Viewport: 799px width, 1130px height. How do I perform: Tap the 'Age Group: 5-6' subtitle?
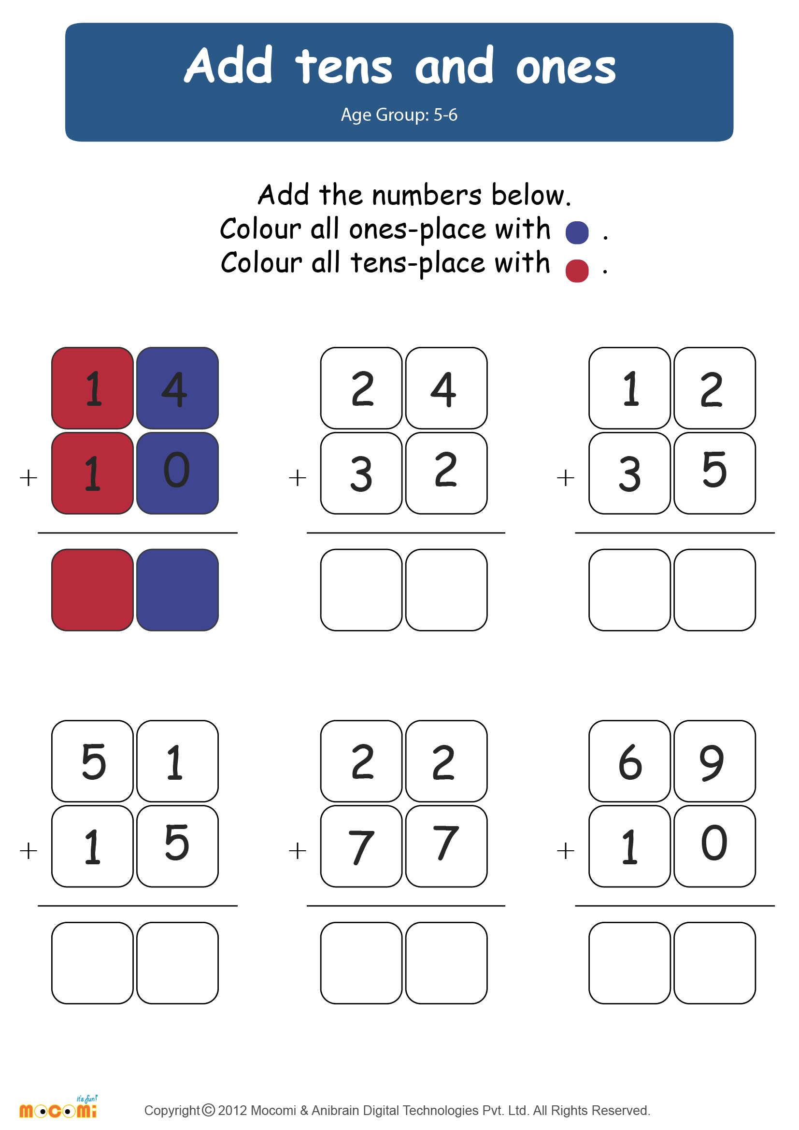[x=399, y=114]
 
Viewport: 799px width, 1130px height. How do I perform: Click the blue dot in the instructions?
[x=577, y=233]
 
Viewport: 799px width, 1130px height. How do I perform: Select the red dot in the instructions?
[x=577, y=271]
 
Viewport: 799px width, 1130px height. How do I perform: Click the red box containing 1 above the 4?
[x=92, y=388]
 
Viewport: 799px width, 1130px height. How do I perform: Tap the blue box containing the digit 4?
[x=177, y=388]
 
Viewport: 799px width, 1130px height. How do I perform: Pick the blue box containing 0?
[x=177, y=473]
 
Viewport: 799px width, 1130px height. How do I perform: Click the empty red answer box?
[x=92, y=589]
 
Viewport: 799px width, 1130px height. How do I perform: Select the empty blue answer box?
[x=177, y=589]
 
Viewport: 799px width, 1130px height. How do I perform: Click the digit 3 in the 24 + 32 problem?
[x=361, y=474]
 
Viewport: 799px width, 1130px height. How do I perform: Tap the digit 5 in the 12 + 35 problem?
[x=714, y=470]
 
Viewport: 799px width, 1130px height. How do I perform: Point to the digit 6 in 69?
[x=630, y=762]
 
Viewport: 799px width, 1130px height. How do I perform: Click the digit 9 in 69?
[x=712, y=762]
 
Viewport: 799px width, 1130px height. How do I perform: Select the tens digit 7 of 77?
[x=361, y=847]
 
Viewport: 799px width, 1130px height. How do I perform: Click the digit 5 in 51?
[x=94, y=762]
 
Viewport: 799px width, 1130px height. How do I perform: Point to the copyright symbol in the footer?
[x=209, y=1110]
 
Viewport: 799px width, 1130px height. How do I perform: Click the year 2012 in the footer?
[x=232, y=1110]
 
